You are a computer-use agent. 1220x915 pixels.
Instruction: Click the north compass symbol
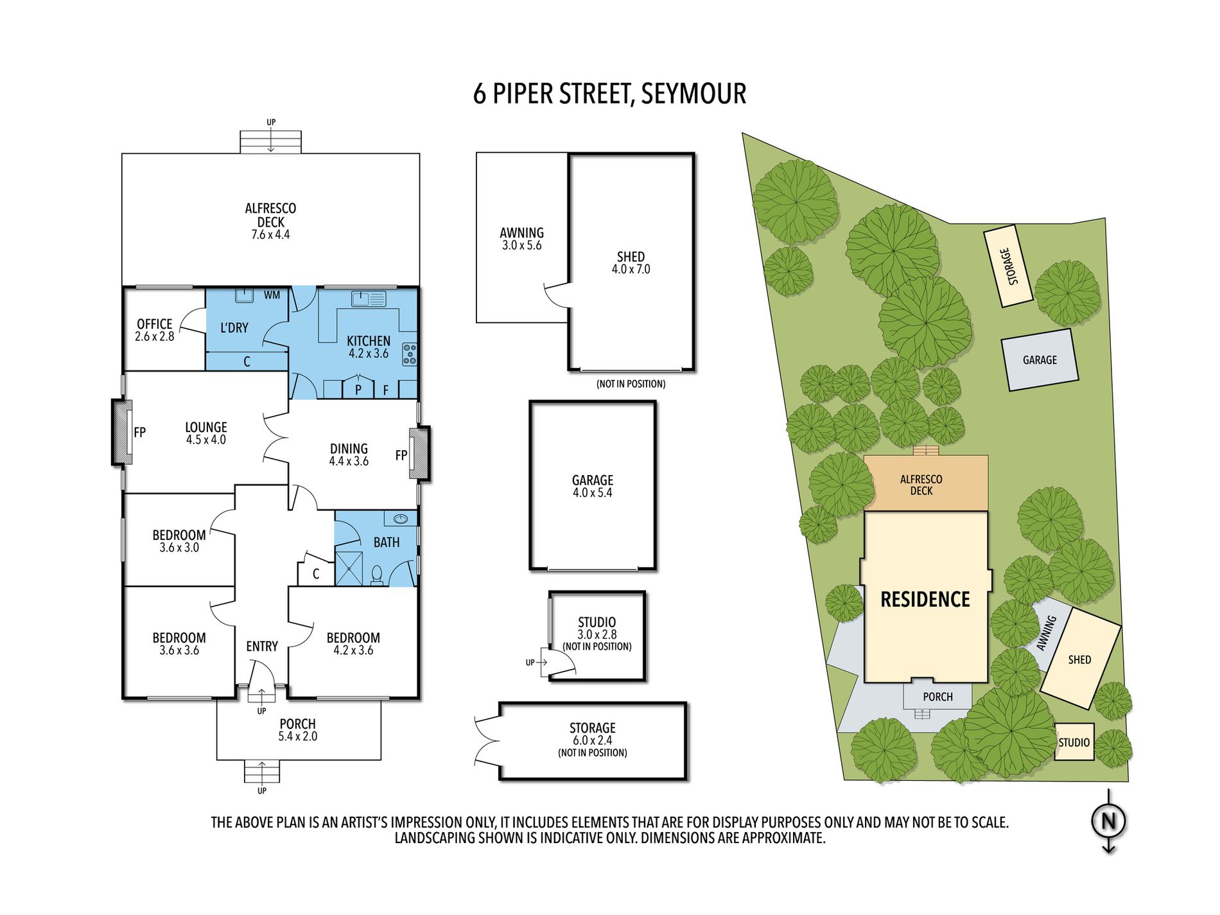(1109, 821)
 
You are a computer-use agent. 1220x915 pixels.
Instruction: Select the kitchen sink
(369, 299)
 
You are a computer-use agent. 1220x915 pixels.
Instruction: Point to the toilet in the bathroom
(377, 575)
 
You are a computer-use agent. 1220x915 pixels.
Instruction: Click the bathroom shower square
(349, 568)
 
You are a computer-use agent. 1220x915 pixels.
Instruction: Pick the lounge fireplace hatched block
(122, 431)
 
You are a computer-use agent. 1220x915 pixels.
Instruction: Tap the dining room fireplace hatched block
(420, 453)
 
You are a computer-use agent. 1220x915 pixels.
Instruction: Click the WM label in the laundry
(272, 295)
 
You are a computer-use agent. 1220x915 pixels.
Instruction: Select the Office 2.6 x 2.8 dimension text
(154, 336)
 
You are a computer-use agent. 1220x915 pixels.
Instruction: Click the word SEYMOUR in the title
(693, 94)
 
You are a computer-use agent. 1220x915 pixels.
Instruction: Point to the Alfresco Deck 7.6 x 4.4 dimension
(270, 235)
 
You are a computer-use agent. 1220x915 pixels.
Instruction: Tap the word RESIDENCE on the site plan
(925, 600)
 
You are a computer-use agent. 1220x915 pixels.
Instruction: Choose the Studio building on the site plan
(1074, 742)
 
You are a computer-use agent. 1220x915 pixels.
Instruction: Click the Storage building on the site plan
(1008, 266)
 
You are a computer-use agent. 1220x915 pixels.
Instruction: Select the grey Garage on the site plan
(1040, 360)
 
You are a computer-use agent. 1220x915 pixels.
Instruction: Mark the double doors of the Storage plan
(486, 741)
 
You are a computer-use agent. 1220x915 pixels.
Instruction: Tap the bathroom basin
(401, 518)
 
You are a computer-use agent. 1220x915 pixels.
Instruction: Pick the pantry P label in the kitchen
(358, 389)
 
